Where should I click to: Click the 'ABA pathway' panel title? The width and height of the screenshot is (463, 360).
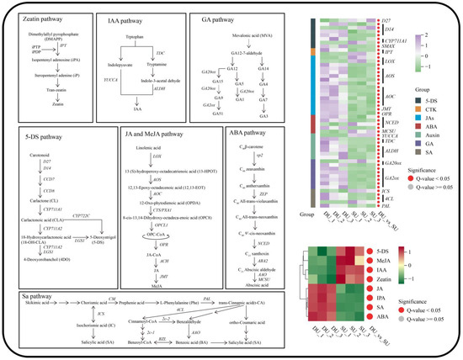point(252,131)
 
